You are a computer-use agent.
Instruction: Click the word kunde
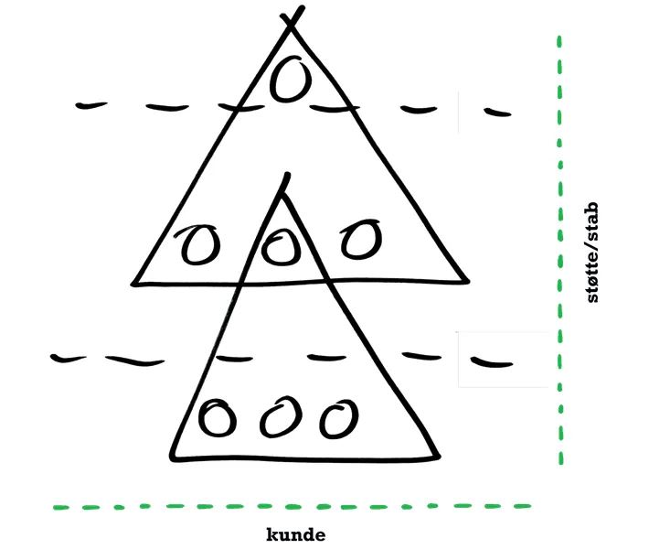[295, 534]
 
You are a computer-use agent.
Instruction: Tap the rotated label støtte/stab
[592, 253]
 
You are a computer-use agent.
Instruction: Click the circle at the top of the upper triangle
[290, 79]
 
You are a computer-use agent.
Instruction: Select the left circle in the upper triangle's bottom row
[197, 244]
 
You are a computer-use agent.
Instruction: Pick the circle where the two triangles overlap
[281, 247]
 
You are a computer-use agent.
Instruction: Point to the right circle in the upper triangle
[360, 239]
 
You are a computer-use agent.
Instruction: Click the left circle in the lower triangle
[217, 417]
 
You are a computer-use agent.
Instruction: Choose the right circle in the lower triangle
[339, 419]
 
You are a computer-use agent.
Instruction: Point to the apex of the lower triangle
[282, 195]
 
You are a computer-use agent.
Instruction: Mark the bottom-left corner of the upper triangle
[133, 285]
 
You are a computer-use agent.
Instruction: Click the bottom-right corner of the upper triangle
[468, 281]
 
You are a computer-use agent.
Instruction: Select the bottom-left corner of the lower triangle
[171, 458]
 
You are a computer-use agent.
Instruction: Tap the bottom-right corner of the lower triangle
[438, 457]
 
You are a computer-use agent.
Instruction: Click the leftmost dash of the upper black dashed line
[91, 105]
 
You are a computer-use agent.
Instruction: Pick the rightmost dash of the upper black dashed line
[498, 112]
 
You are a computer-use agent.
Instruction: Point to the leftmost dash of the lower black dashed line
[69, 358]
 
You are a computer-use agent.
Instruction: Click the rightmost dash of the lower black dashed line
[492, 362]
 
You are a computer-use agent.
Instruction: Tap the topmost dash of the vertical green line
[559, 42]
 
